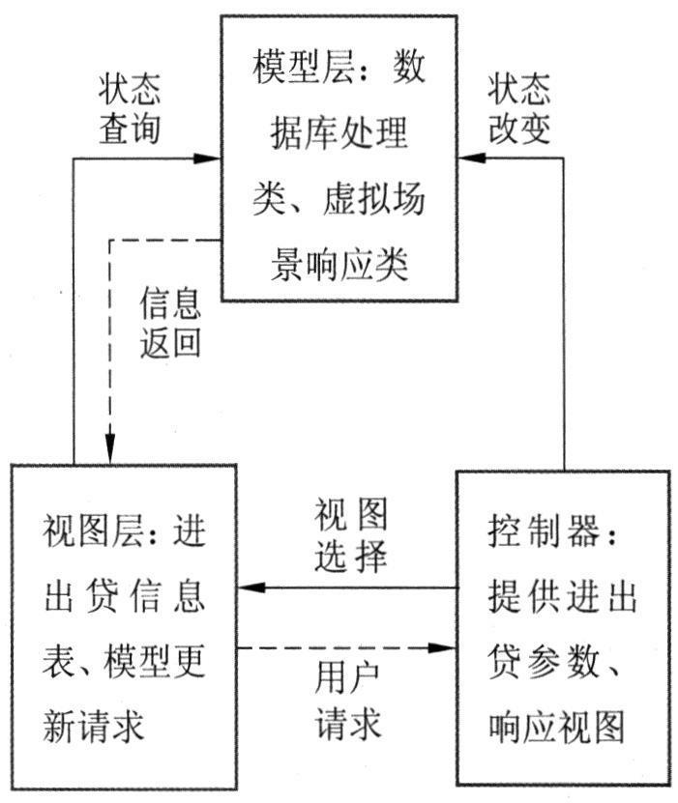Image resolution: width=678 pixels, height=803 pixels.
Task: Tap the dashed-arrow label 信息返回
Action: tap(169, 323)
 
